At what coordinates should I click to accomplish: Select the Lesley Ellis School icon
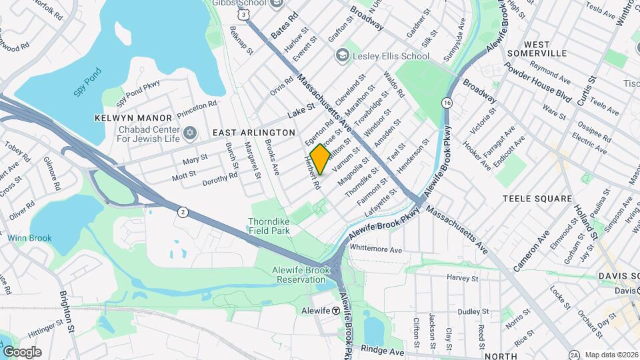click(x=343, y=56)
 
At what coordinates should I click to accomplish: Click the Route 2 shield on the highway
click(x=183, y=212)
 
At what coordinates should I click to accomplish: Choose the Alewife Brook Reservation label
click(x=298, y=274)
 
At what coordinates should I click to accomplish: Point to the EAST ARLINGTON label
click(x=253, y=133)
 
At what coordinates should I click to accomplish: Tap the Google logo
click(x=22, y=351)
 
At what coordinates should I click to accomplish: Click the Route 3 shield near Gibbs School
click(x=246, y=14)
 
